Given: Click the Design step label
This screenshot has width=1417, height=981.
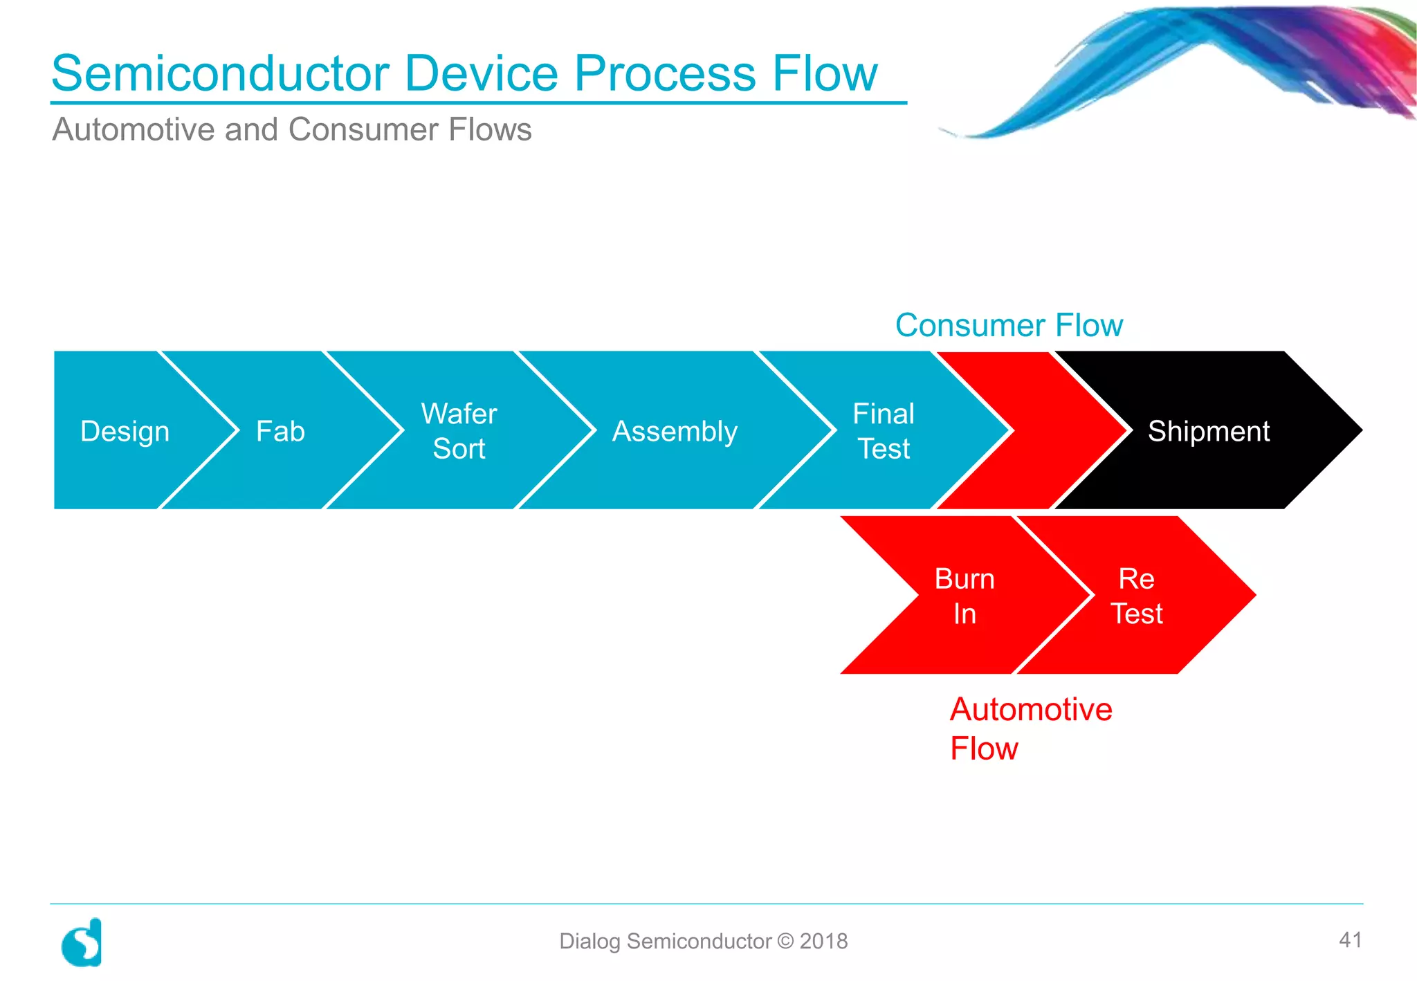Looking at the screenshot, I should coord(125,432).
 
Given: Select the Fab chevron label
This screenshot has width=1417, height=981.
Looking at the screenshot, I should coord(280,432).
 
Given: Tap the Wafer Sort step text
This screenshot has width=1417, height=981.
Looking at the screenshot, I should coord(459,431).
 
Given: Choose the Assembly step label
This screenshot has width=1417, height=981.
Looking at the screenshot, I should coord(675,432).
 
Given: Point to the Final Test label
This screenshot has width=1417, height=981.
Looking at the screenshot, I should coord(884,431).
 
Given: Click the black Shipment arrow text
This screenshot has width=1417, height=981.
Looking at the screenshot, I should coord(1208,432).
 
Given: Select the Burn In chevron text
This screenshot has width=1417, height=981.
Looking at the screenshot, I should coord(965,596).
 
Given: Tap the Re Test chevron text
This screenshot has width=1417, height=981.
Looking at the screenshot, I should coord(1136,596).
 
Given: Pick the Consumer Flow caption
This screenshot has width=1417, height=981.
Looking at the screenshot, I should coord(1008,325).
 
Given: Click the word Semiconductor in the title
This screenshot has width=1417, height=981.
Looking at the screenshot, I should coord(221,73).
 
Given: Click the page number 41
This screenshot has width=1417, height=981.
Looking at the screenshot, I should coord(1350,939).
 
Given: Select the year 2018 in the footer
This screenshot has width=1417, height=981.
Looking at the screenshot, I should coord(823,941).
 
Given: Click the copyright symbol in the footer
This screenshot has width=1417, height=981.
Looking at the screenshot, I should coord(785,941).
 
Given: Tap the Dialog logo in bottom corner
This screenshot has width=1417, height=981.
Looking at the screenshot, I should coord(82,942).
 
